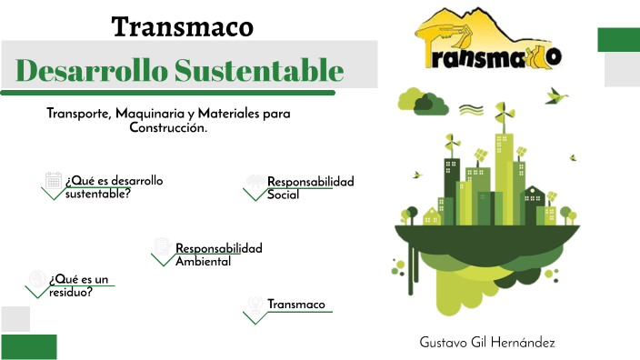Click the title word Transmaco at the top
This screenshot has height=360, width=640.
point(182,26)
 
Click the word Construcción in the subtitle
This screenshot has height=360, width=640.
point(168,128)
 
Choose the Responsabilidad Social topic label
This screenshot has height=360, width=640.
point(310,188)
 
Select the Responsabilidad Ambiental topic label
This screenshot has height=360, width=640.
point(218,255)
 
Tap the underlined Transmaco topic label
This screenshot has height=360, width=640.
point(295,305)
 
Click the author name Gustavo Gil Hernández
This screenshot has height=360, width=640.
point(487,342)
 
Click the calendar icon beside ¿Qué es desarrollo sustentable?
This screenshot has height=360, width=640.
point(53,180)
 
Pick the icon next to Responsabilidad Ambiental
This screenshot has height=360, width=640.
point(162,246)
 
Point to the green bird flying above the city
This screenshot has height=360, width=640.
point(556,95)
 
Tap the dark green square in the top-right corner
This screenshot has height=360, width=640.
point(618,39)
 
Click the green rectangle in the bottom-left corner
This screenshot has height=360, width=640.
point(29,346)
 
